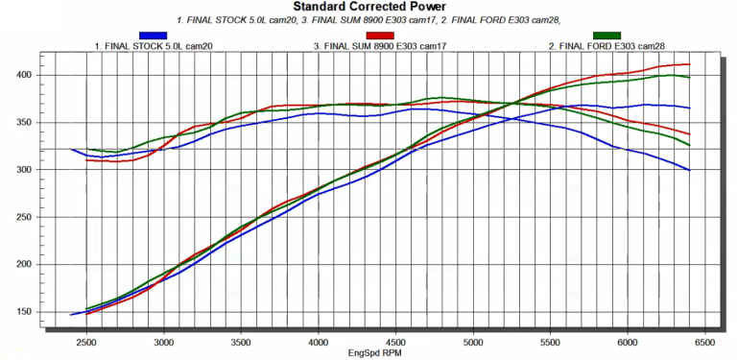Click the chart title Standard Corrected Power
coord(369,7)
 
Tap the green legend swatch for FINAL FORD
coord(606,36)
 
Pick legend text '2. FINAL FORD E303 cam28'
coord(606,45)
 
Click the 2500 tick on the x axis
coord(86,342)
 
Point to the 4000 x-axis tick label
coord(318,342)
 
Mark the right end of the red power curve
coord(690,64)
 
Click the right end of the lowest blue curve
coord(690,170)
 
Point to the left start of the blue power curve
coord(71,314)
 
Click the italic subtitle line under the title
coord(369,19)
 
